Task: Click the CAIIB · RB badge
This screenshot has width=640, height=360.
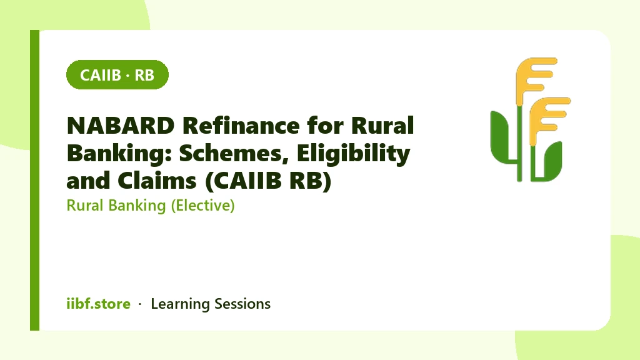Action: point(117,75)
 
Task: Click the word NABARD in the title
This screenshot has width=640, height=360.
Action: point(121,125)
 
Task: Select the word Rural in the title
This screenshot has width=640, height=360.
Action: point(382,125)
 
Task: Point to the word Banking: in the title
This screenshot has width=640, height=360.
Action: point(119,154)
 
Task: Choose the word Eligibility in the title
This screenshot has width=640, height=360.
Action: point(354,154)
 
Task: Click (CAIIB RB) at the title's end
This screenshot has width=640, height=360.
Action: point(268,181)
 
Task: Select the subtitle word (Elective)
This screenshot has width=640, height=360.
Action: point(203,205)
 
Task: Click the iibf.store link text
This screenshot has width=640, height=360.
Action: point(98,304)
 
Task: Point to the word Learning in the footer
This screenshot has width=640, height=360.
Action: point(180,304)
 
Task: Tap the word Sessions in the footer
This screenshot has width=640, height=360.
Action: point(242,304)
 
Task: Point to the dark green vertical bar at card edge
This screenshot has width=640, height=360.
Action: point(35,180)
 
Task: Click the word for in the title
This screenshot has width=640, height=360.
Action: point(325,125)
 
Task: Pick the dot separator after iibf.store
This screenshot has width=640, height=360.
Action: point(140,304)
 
